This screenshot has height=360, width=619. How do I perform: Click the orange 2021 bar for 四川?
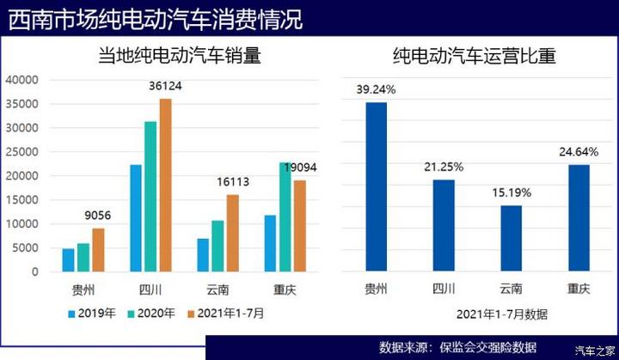tap(165, 185)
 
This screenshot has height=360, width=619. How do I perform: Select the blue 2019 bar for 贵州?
tap(68, 259)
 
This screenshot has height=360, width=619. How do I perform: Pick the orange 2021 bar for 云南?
tap(233, 233)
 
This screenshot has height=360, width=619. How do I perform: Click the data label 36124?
tap(165, 87)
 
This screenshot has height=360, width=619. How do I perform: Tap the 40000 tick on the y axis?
tap(22, 80)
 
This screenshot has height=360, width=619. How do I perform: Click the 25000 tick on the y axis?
tap(22, 152)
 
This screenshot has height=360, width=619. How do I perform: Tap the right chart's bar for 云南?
tap(511, 238)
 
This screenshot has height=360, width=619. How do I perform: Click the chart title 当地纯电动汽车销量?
tap(179, 58)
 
